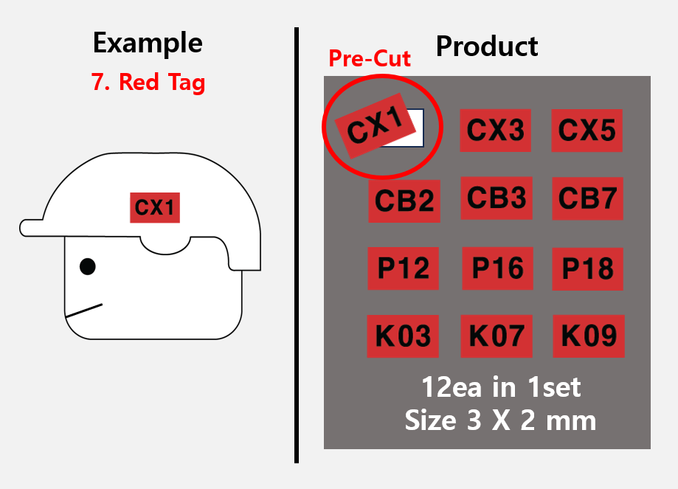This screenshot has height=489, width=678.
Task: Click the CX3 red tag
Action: point(495,130)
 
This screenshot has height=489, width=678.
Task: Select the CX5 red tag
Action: point(587,130)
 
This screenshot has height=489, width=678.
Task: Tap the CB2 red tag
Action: point(404,201)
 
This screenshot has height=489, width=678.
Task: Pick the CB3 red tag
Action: point(497,198)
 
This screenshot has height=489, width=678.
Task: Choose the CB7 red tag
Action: point(588,198)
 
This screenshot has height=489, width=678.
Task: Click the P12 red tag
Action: point(403,268)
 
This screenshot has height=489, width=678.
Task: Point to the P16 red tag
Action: point(497,268)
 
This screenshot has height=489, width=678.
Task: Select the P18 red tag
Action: point(588,269)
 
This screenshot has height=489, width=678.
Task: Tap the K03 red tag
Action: point(403,336)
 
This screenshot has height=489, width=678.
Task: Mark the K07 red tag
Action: point(497,336)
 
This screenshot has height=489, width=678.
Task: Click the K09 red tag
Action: point(589,336)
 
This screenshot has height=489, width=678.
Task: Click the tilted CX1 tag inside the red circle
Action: point(375,126)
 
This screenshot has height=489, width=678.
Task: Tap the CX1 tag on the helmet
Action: point(155,207)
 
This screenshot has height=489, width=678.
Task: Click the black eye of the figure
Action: point(87,267)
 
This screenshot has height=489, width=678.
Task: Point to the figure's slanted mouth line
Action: point(84,311)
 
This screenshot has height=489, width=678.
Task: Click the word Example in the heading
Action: point(148,44)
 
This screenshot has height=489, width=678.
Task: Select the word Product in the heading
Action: point(487,46)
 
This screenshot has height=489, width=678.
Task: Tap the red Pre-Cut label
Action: point(370,58)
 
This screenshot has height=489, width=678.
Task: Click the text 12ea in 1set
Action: point(501,387)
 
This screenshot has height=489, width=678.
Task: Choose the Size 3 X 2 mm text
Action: point(500,420)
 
